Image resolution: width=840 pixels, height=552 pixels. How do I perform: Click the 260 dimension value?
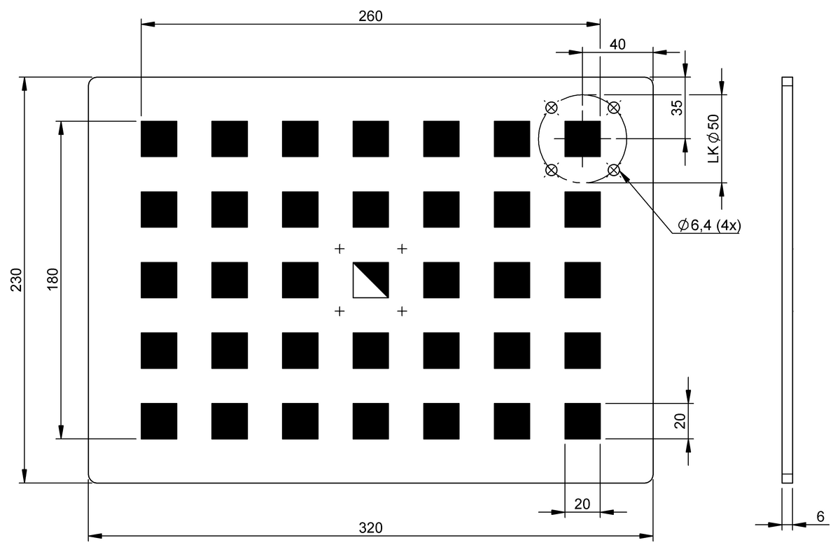370,16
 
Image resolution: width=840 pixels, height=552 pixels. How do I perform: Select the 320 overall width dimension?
370,528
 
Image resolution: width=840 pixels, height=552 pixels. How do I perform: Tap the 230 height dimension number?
17,280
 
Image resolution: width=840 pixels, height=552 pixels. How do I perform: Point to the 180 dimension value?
53,279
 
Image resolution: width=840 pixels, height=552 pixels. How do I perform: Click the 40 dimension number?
617,45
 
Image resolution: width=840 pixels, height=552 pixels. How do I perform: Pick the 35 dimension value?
677,108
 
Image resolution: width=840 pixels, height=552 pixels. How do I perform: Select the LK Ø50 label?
713,139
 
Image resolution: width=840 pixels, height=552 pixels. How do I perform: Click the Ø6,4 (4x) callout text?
709,225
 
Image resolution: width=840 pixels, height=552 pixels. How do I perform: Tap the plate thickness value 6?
820,517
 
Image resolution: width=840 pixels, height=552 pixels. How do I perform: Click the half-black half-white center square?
370,280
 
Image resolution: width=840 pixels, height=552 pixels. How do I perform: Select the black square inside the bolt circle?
582,139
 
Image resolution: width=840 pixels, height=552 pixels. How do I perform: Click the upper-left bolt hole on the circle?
552,108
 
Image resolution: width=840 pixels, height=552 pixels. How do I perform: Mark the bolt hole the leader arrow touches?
613,170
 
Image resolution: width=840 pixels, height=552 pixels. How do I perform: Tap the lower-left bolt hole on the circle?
552,170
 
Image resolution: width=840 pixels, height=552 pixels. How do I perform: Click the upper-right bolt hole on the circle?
613,108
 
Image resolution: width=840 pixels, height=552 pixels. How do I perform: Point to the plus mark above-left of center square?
339,249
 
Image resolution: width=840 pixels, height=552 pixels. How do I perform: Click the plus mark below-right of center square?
402,311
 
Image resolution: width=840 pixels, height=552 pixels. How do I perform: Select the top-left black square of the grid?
159,139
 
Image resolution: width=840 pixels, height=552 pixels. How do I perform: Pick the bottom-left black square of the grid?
159,421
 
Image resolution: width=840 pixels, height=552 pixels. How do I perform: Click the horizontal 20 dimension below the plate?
582,504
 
